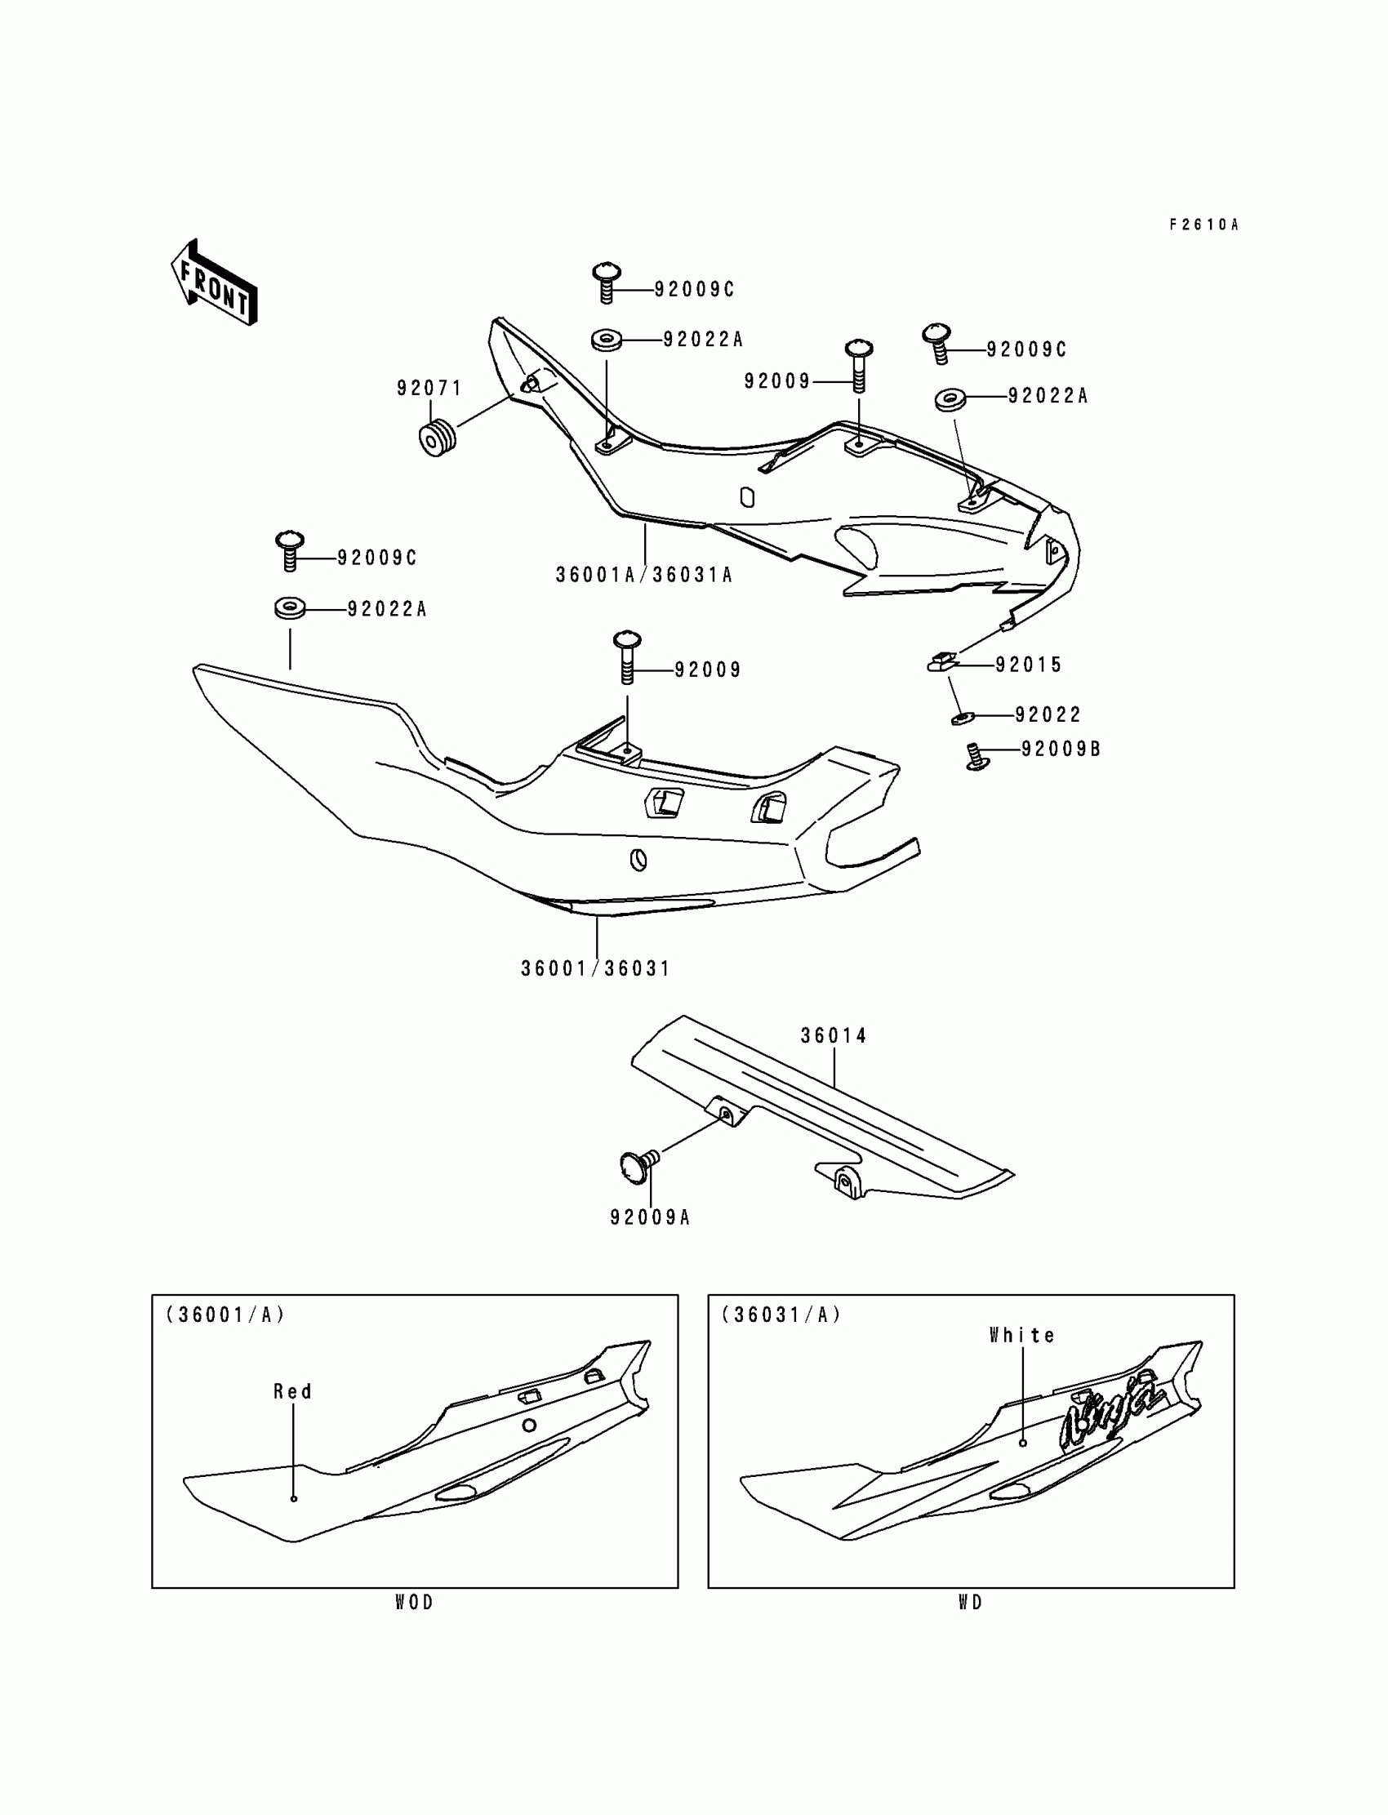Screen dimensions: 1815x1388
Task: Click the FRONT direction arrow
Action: (214, 282)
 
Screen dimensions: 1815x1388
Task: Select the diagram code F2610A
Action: (1203, 225)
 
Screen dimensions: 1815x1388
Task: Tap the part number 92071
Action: (429, 389)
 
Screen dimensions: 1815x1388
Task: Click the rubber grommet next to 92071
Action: (438, 438)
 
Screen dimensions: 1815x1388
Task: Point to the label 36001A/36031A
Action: (643, 575)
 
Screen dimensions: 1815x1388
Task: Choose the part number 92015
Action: (1029, 665)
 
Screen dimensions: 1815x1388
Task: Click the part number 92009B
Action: (1061, 750)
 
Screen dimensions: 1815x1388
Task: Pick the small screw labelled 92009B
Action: (978, 756)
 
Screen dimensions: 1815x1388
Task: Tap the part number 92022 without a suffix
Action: (1048, 714)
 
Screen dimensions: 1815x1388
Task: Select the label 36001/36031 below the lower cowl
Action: (595, 968)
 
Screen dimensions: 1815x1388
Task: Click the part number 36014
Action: (834, 1036)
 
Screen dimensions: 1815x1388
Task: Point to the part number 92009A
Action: (650, 1217)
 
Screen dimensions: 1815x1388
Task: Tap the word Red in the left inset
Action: (292, 1392)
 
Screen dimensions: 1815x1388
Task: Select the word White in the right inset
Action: (1022, 1336)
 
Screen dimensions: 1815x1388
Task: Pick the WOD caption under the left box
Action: (414, 1603)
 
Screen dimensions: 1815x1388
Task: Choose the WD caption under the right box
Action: (971, 1603)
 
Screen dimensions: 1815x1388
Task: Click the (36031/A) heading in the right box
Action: (781, 1315)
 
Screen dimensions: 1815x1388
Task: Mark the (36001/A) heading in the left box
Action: (225, 1315)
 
